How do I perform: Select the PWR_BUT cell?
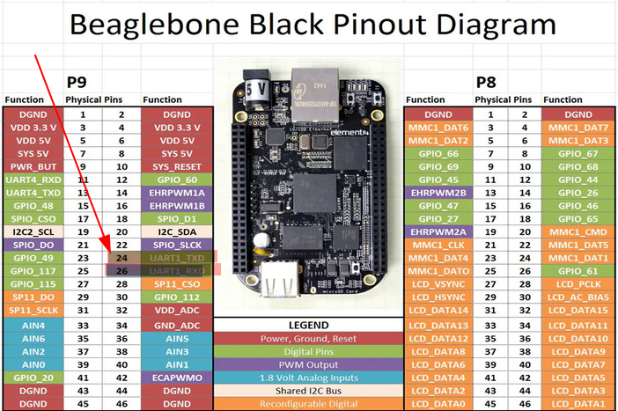(x=33, y=165)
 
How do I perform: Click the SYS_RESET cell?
(x=179, y=165)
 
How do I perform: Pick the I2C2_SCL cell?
(x=33, y=231)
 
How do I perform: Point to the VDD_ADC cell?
(x=179, y=310)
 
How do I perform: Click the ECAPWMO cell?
(x=179, y=376)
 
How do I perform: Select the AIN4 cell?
(x=33, y=325)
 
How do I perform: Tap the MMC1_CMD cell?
(x=578, y=231)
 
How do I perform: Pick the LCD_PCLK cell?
(x=578, y=284)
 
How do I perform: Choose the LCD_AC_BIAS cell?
(x=578, y=297)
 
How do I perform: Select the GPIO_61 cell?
(x=578, y=271)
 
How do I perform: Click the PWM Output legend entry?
(x=308, y=363)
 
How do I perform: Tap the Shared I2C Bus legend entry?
(x=308, y=390)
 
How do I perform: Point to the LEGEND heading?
(x=308, y=325)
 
